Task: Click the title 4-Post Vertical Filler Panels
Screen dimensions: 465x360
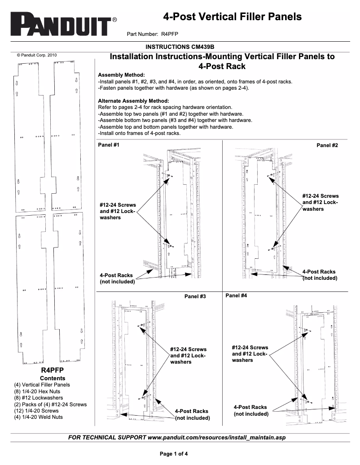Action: (232, 17)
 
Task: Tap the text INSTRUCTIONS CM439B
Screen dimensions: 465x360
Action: (180, 46)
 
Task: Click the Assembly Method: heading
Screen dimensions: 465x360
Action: (121, 74)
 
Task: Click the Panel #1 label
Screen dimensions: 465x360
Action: (109, 145)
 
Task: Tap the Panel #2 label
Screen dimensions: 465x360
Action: (327, 145)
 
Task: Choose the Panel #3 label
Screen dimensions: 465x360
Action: (195, 296)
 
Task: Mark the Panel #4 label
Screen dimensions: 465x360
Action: (236, 296)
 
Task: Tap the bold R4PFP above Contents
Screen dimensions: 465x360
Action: (53, 370)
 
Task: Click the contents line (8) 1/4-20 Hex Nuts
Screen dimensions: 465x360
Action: (37, 391)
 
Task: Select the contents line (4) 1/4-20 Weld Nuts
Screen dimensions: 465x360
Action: (38, 417)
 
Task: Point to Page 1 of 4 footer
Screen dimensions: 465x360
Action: (174, 453)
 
